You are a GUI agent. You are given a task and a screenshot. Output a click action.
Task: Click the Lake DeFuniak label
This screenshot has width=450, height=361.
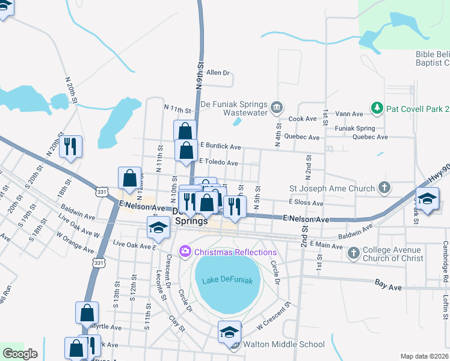[x=227, y=281]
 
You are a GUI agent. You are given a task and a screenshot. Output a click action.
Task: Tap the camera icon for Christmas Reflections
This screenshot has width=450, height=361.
[x=185, y=251]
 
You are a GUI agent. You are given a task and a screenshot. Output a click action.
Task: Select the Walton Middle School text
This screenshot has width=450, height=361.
[x=283, y=345]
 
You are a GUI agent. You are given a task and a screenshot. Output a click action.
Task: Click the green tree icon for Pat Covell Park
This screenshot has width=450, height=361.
[x=377, y=108]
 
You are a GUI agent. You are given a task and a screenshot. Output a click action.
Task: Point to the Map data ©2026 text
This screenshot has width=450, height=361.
[x=424, y=356]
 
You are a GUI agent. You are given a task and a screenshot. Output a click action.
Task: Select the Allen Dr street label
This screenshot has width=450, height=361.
[x=218, y=73]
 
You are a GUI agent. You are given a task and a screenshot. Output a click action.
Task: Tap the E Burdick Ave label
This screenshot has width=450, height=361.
[x=220, y=146]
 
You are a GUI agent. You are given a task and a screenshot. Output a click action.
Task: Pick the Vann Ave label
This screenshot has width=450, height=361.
[x=349, y=114]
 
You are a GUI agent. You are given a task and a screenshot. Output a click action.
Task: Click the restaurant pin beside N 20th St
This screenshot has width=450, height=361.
[x=71, y=147]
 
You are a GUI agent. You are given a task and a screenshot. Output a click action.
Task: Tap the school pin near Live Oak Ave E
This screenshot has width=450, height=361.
[x=158, y=227]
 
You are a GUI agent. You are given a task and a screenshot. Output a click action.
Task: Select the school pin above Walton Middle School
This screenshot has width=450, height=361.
[x=229, y=332]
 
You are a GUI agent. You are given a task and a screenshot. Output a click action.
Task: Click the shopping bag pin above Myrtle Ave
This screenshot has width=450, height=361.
[x=87, y=313]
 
